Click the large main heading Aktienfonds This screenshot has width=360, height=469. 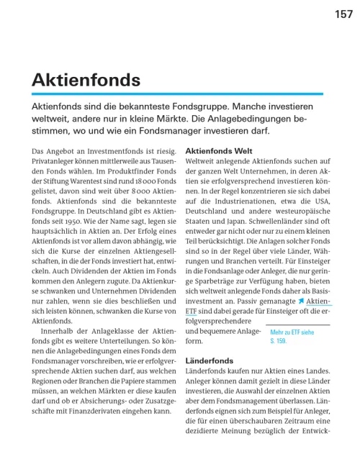coord(85,81)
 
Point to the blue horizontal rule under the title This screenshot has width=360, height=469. coord(167,94)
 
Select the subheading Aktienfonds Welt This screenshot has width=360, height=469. coord(218,152)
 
